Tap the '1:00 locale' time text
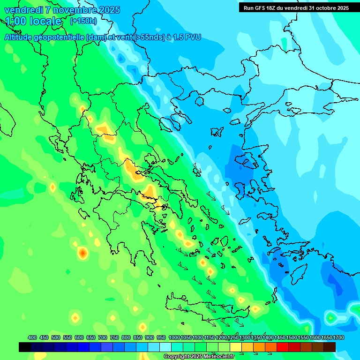[x=34, y=21]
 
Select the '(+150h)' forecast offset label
[x=83, y=21]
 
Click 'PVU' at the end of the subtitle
[x=192, y=37]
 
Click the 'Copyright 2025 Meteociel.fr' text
[x=199, y=356]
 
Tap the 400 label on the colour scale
[x=32, y=337]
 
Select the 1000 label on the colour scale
[x=174, y=337]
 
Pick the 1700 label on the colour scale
[x=338, y=337]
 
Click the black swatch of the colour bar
[x=25, y=347]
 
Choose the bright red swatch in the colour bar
[x=283, y=347]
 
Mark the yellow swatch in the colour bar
[x=236, y=347]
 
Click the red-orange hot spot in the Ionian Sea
[x=82, y=254]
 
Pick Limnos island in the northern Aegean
[x=216, y=132]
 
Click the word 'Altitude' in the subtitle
[x=19, y=37]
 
